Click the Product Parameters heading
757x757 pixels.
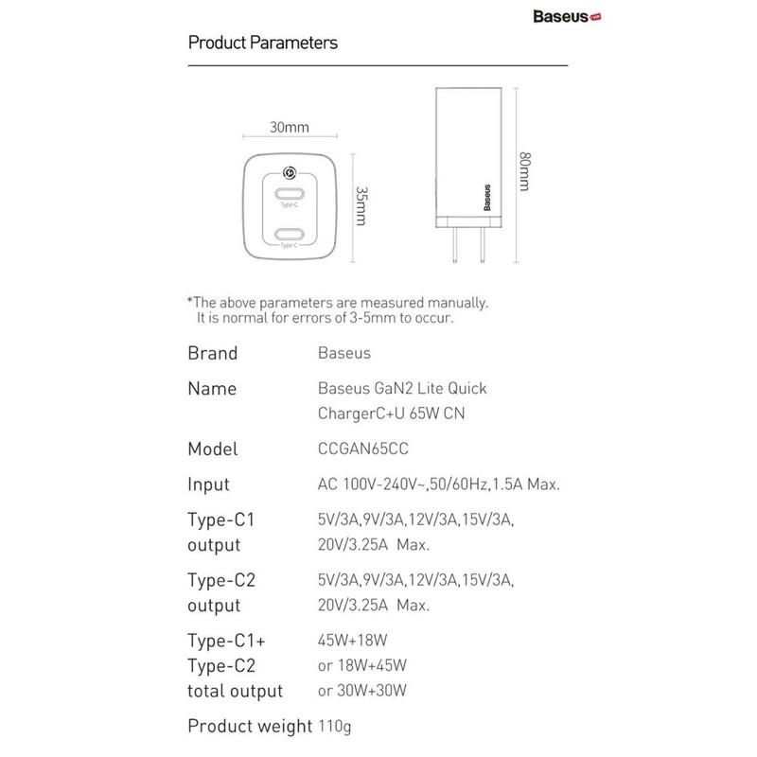pyautogui.click(x=263, y=43)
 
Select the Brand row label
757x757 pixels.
pyautogui.click(x=213, y=354)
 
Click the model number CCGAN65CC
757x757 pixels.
pyautogui.click(x=359, y=449)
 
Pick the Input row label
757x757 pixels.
pyautogui.click(x=209, y=484)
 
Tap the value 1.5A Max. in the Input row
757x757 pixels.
pyautogui.click(x=525, y=484)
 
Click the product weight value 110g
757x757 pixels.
pyautogui.click(x=333, y=727)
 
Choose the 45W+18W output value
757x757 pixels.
pyautogui.click(x=347, y=638)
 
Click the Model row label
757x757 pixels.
pyautogui.click(x=213, y=449)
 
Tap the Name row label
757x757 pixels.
pyautogui.click(x=213, y=389)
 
